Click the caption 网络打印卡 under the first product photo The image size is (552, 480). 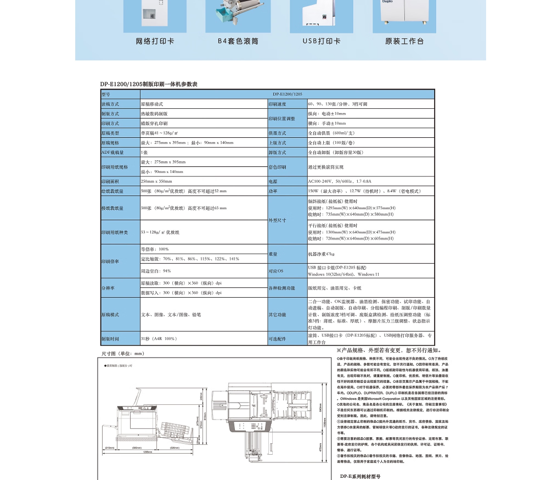click(x=155, y=41)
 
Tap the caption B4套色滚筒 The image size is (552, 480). click(x=238, y=41)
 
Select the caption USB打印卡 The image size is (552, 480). click(x=322, y=41)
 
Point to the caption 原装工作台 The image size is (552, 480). click(x=404, y=41)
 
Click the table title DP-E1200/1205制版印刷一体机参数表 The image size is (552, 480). click(x=148, y=84)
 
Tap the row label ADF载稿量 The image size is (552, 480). click(x=112, y=152)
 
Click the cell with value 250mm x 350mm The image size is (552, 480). click(x=156, y=181)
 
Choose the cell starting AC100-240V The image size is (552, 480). click(x=340, y=181)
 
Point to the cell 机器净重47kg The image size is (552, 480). click(x=322, y=254)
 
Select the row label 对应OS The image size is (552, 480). click(x=276, y=271)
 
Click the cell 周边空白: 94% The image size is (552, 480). click(x=156, y=271)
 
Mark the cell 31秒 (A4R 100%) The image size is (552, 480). click(x=159, y=339)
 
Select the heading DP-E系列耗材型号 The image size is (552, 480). click(x=360, y=476)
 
